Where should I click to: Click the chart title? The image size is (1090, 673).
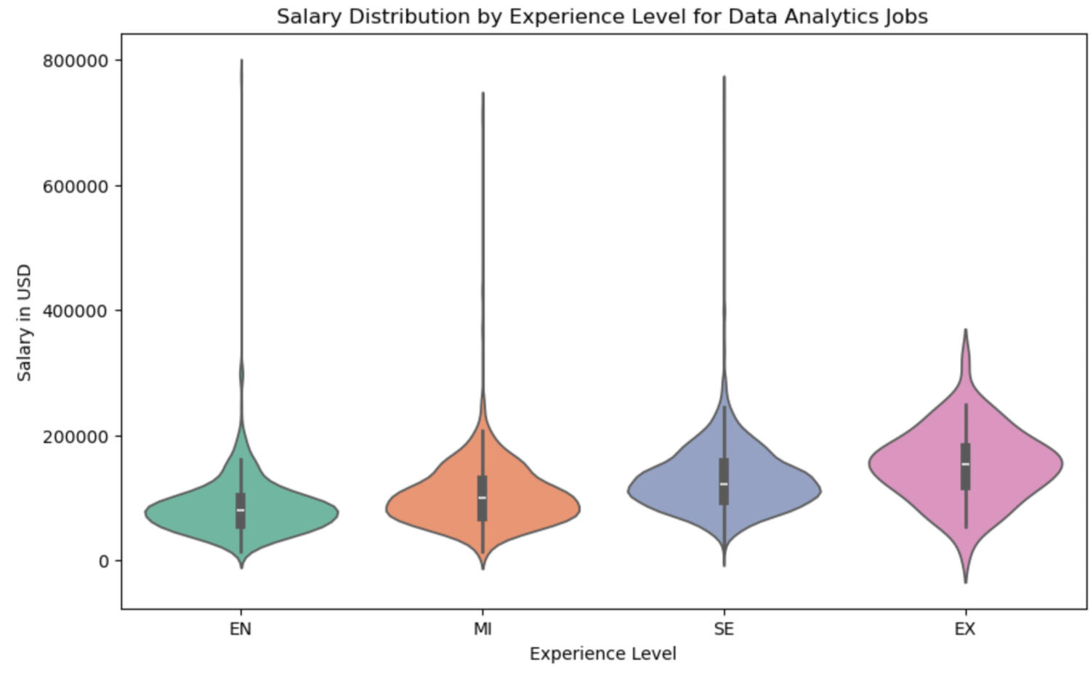pos(602,16)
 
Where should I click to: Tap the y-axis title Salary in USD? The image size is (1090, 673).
pos(25,323)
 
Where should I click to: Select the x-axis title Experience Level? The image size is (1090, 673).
pos(602,653)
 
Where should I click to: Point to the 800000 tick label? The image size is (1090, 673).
pos(76,60)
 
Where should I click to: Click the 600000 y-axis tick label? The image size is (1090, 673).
pos(76,186)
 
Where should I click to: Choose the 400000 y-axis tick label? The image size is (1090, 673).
pos(76,311)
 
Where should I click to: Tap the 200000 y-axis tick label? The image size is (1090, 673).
pos(76,436)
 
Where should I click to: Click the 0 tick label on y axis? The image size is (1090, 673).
pos(103,561)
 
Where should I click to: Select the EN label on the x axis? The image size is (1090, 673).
pos(241,629)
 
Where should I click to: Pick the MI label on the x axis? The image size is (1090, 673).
pos(483,629)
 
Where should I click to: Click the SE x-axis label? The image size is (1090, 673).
pos(724,629)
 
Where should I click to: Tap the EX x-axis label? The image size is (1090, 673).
pos(965,629)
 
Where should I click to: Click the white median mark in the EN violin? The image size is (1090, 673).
pos(241,509)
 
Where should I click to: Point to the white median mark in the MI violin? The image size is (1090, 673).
pos(483,497)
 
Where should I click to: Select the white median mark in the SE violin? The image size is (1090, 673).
pos(724,483)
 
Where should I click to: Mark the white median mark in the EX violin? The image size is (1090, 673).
pos(965,464)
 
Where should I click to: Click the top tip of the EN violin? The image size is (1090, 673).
pos(241,60)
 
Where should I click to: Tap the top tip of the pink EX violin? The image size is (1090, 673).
pos(966,330)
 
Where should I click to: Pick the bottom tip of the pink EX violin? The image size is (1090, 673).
pos(965,582)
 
